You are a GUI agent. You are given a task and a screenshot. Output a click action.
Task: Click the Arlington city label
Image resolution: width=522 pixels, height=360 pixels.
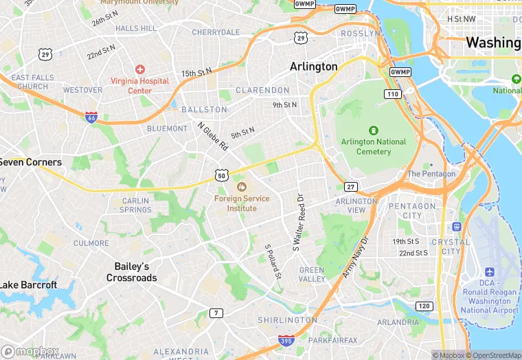(x=314, y=67)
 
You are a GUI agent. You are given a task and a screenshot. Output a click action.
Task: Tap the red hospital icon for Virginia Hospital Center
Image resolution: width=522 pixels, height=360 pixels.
(x=140, y=69)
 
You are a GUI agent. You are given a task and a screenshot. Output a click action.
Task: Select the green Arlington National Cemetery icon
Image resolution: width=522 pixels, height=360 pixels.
(x=373, y=130)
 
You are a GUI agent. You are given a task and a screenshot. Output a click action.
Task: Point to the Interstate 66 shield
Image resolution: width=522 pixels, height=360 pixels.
(x=91, y=117)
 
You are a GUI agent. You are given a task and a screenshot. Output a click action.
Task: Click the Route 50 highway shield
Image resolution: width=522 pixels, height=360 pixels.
(x=221, y=176)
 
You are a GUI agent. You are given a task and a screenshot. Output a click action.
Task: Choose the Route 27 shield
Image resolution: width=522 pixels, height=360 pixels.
(x=351, y=187)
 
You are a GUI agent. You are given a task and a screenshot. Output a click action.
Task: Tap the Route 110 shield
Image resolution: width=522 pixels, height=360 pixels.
(x=392, y=93)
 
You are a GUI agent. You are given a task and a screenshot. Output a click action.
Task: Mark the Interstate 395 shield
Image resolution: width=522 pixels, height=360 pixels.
(x=287, y=340)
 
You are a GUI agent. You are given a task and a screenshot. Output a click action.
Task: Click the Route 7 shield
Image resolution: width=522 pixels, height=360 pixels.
(x=216, y=313)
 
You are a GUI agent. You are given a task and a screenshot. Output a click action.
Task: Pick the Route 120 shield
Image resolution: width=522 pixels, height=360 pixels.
(x=424, y=306)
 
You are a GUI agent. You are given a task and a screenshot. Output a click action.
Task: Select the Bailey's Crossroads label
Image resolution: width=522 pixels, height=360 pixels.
(x=132, y=272)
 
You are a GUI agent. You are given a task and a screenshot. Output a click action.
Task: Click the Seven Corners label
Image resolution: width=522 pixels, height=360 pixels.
(x=31, y=163)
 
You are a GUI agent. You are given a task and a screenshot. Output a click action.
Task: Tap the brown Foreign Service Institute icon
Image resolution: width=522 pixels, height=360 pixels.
(x=241, y=187)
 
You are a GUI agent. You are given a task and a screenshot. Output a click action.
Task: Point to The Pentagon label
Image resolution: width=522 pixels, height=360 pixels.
(x=431, y=174)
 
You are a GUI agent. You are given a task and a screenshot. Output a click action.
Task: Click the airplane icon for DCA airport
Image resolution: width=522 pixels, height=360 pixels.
(x=489, y=271)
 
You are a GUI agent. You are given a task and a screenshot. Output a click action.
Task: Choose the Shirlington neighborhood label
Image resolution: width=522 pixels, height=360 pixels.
(x=287, y=320)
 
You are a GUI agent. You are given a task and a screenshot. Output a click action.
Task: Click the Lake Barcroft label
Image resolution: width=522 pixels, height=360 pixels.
(x=28, y=285)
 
